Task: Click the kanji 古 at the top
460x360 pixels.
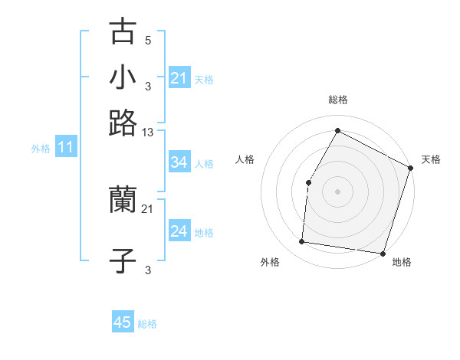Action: click(x=123, y=34)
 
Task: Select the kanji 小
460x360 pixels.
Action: click(x=123, y=78)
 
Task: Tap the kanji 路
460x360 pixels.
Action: click(x=123, y=123)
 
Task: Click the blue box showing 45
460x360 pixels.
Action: click(x=123, y=322)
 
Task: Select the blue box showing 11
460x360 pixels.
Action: click(x=65, y=148)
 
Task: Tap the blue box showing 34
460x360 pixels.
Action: click(x=179, y=162)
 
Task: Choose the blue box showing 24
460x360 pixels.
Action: click(x=179, y=231)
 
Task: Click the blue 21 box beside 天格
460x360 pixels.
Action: click(x=179, y=78)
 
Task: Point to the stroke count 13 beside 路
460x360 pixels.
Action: click(x=148, y=133)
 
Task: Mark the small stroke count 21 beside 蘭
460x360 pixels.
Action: click(x=148, y=208)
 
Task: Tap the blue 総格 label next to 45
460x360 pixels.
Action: click(x=147, y=324)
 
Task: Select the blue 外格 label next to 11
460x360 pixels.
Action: click(x=41, y=149)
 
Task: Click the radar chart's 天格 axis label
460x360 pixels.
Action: click(x=431, y=159)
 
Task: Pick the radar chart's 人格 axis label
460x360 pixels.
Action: click(x=245, y=159)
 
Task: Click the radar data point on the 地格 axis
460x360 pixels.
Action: click(x=383, y=254)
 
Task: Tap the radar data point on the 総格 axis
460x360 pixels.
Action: click(x=337, y=130)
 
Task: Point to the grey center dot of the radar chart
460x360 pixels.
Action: click(x=337, y=191)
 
